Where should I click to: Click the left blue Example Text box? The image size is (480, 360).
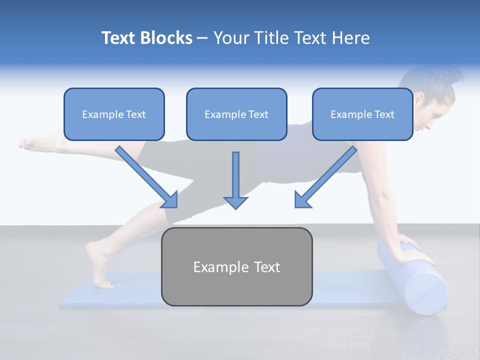pyautogui.click(x=114, y=114)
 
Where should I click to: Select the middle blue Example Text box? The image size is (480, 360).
pyautogui.click(x=236, y=114)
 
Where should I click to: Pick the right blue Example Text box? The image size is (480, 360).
pyautogui.click(x=362, y=114)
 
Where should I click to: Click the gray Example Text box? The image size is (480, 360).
pyautogui.click(x=236, y=266)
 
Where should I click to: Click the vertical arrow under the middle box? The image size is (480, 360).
pyautogui.click(x=235, y=177)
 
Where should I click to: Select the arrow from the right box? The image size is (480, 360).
pyautogui.click(x=325, y=178)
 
